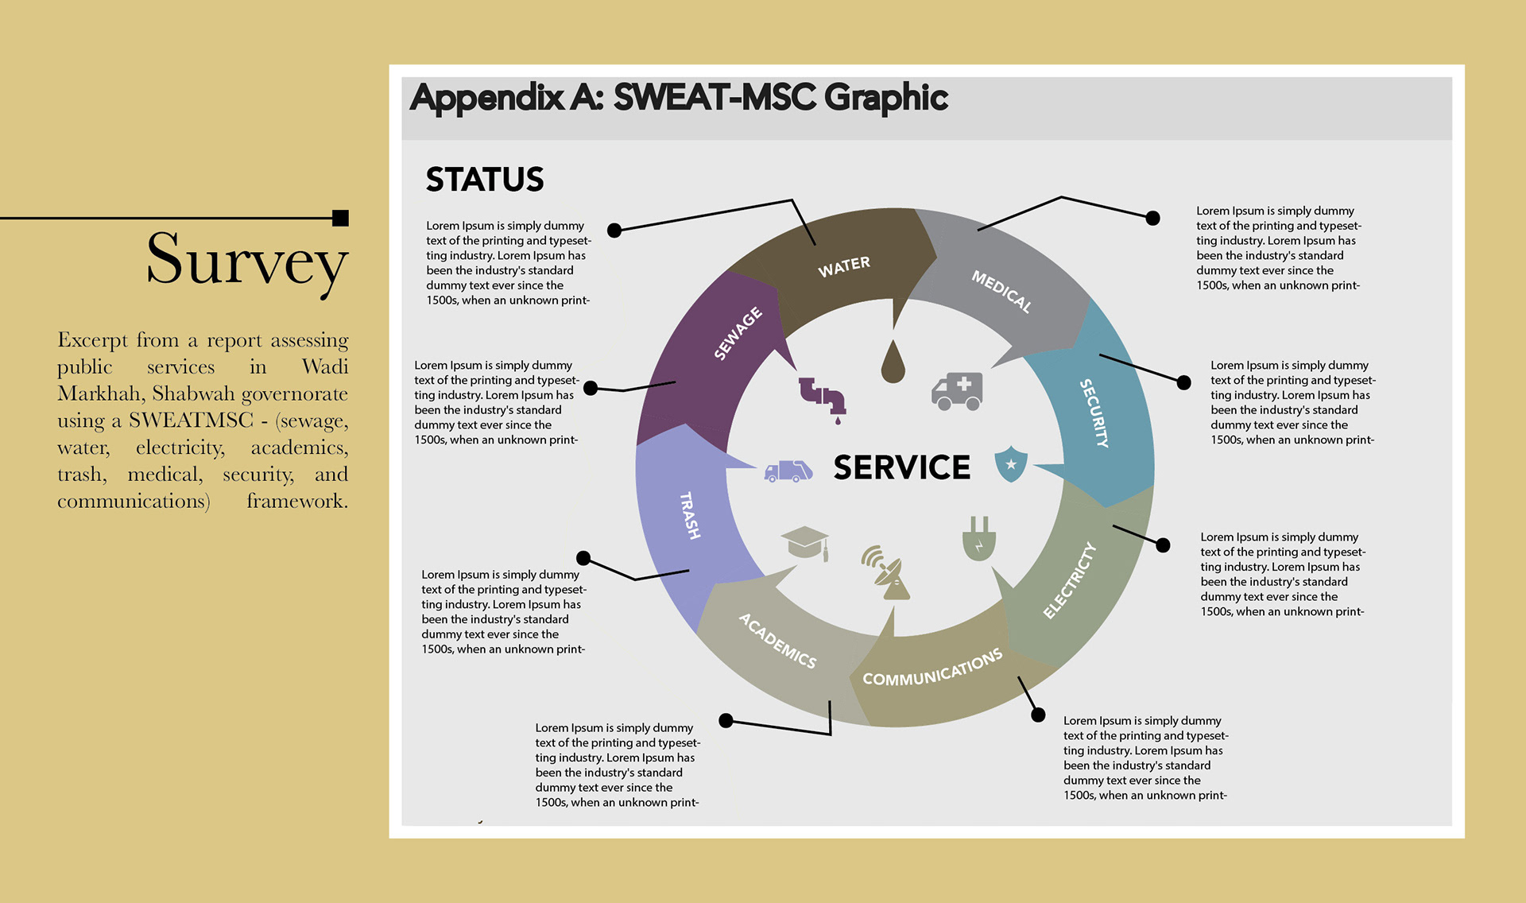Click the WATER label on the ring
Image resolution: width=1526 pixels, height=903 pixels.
click(x=844, y=266)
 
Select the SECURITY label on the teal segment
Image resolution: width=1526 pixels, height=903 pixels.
click(x=1094, y=413)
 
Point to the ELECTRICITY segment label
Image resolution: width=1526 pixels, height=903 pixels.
click(x=1069, y=580)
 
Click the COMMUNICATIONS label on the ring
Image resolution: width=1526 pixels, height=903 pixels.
click(x=932, y=668)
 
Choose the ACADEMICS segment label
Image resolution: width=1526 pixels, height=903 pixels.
click(x=777, y=641)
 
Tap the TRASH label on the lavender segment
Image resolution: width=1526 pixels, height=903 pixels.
click(x=690, y=516)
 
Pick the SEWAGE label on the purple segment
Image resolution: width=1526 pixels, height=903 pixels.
click(x=738, y=333)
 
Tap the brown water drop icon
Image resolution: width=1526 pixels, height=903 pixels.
click(x=893, y=362)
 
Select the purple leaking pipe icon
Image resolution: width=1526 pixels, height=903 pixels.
click(x=823, y=398)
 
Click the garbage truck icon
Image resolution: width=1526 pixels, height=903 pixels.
click(x=788, y=471)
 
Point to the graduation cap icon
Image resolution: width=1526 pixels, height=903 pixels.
click(x=805, y=543)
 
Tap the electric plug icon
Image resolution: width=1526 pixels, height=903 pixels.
click(x=979, y=539)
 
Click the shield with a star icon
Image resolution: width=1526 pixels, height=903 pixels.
click(x=1011, y=464)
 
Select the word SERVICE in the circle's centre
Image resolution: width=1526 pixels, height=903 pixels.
click(x=902, y=467)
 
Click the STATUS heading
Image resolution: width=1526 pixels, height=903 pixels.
click(x=485, y=180)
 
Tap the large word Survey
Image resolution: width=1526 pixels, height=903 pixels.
click(x=247, y=260)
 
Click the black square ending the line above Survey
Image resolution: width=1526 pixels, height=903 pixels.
click(x=341, y=218)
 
